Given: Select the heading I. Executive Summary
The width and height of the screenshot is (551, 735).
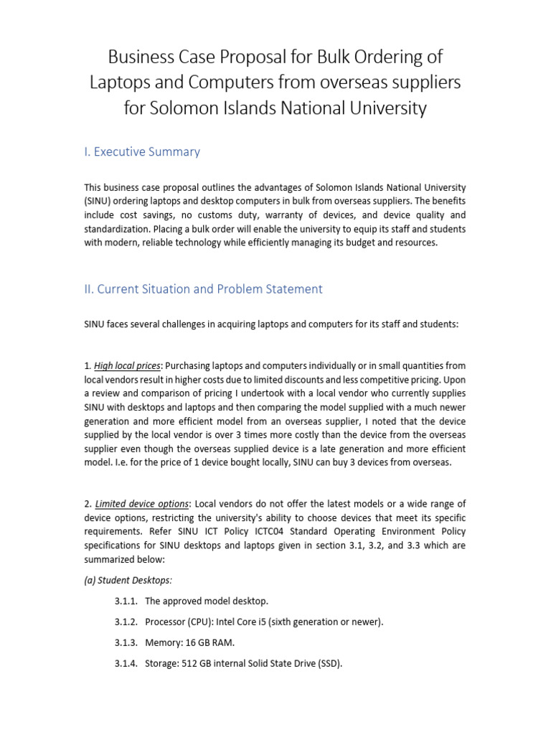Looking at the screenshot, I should click(142, 151).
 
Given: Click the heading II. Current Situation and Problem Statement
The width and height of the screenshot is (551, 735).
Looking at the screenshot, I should click(203, 289).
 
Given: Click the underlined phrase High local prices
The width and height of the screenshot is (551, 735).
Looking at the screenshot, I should click(128, 366).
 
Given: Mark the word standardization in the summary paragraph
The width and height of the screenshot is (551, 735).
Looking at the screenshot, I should click(118, 229).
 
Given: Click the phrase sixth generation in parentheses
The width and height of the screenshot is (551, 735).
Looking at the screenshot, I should click(311, 622).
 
